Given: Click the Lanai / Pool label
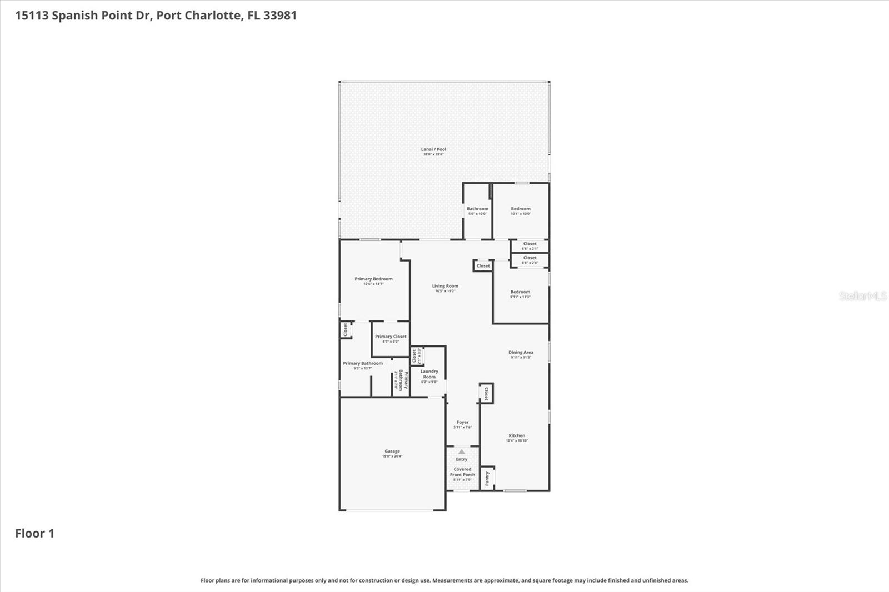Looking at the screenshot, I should coord(433,150).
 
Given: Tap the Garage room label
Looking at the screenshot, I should coord(392,452).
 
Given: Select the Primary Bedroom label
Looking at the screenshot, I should coord(373,279).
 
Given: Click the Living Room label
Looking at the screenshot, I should coord(445,287).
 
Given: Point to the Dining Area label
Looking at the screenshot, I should coord(521,353).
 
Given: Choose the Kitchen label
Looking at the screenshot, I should coord(517,437).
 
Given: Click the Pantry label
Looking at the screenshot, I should coord(487,478).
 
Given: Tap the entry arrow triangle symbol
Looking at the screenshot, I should coord(461,451).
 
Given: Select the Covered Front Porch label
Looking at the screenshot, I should coord(462,472).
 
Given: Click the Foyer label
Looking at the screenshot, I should coord(462,423).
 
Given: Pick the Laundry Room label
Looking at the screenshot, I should coord(429,374).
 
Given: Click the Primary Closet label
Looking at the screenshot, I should coord(391,337).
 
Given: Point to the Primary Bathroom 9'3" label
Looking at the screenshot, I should coord(363,364).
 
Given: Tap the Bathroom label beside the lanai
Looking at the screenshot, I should coord(477,209).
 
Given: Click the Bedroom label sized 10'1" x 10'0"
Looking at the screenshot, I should coord(521,209).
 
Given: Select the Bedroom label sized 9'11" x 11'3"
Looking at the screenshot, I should coord(520,292).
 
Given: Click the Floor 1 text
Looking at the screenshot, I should coord(34,534).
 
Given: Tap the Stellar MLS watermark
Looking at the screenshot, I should coord(862,296).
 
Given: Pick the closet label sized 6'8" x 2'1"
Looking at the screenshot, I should coord(530,244).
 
